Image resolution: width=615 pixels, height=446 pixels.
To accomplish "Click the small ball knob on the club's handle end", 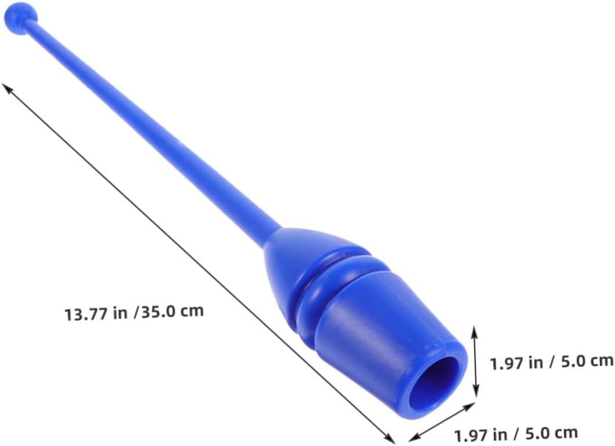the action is coord(20,17).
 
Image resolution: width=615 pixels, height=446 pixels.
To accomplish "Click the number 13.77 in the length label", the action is coord(86,315).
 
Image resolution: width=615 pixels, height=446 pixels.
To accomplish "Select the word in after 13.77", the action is coord(121,313).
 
